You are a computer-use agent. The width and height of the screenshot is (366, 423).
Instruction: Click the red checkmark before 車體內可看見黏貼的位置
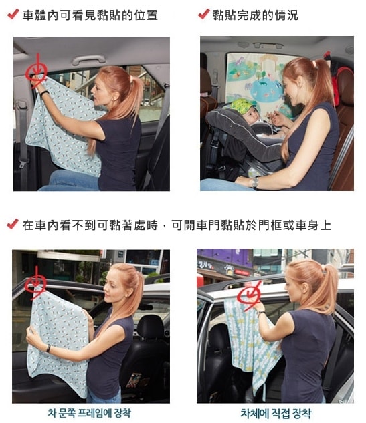pos(13,14)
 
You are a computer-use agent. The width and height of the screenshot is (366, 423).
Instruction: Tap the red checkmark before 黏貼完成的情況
pos(204,14)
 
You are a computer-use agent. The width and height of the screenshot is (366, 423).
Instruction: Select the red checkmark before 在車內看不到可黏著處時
pos(13,224)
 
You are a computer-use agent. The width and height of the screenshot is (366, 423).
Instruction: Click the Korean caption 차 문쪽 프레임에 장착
pos(90,413)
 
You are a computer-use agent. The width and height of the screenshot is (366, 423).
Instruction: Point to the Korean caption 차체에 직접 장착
pos(276,413)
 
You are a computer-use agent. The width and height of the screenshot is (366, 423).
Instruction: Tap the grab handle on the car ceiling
pos(88,59)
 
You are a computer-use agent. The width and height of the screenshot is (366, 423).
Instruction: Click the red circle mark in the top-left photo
pos(36,72)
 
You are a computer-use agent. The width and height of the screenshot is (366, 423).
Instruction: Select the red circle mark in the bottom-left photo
pos(35,284)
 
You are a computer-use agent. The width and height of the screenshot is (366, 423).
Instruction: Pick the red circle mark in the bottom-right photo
pos(249,295)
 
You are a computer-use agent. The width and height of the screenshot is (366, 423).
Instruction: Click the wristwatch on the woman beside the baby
pos(254,182)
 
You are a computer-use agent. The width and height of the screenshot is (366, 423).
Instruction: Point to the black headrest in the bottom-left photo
pos(151,327)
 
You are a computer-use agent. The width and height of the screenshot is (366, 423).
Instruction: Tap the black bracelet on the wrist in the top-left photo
pos(44,94)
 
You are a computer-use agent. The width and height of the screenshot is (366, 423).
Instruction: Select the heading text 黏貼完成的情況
pos(255,15)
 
